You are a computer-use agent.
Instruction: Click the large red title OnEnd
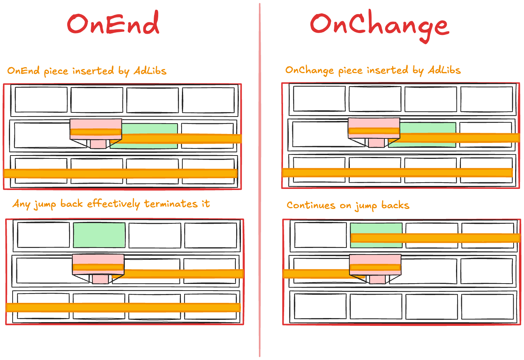[113, 24]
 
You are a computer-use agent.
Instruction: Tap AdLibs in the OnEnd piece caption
[150, 71]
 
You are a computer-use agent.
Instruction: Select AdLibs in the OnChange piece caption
[444, 70]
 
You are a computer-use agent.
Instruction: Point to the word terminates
[171, 204]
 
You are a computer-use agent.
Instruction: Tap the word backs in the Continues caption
[395, 205]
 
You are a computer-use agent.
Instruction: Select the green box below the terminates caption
[99, 235]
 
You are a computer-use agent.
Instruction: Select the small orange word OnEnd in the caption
[23, 71]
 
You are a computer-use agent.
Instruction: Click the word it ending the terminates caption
[205, 203]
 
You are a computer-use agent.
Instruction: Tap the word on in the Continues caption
[345, 206]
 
